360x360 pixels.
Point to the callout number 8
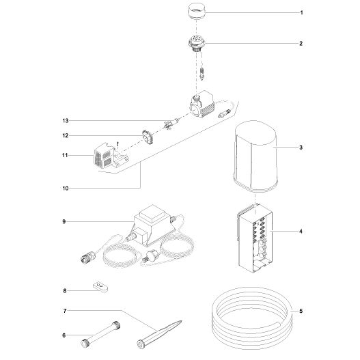click(65, 290)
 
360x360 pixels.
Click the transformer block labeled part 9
click(154, 223)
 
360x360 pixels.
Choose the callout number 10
click(65, 187)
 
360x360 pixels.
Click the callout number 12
click(65, 135)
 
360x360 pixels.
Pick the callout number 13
click(65, 120)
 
